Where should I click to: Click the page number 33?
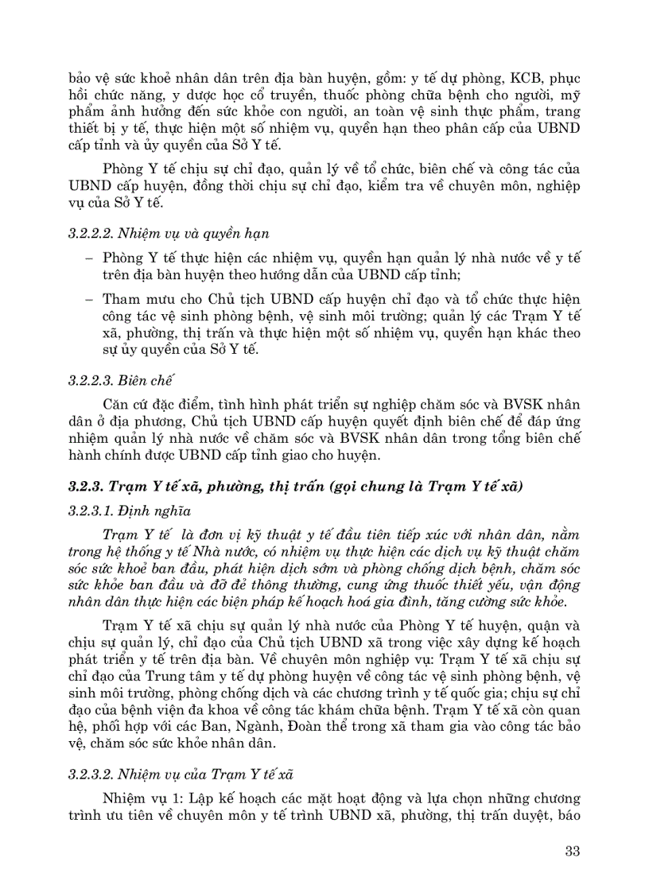tap(571, 851)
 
